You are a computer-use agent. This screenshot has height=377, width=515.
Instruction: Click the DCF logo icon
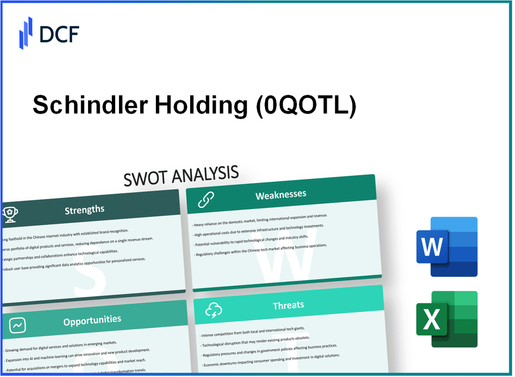tap(26, 33)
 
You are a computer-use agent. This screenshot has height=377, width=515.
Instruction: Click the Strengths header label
tap(84, 209)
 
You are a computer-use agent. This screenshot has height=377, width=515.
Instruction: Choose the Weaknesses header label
tap(280, 194)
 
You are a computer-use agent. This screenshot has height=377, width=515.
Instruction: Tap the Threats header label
tap(288, 305)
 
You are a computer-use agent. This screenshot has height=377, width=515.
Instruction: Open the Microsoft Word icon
tap(447, 246)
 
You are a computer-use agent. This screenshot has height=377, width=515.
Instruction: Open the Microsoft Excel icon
tap(447, 319)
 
